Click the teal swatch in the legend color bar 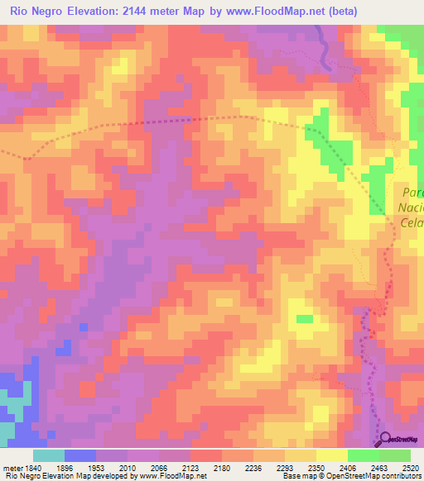(49, 455)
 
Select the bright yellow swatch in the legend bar (331, 455)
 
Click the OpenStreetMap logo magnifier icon (384, 439)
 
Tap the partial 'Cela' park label (412, 224)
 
